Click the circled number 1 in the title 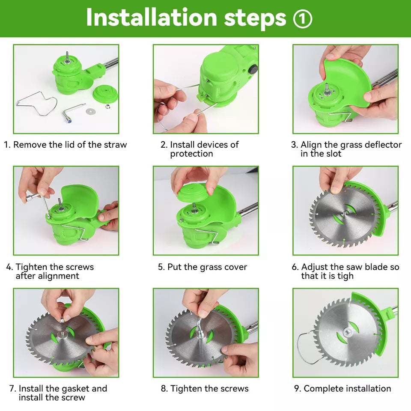tap(303, 18)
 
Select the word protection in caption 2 tap(191, 154)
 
